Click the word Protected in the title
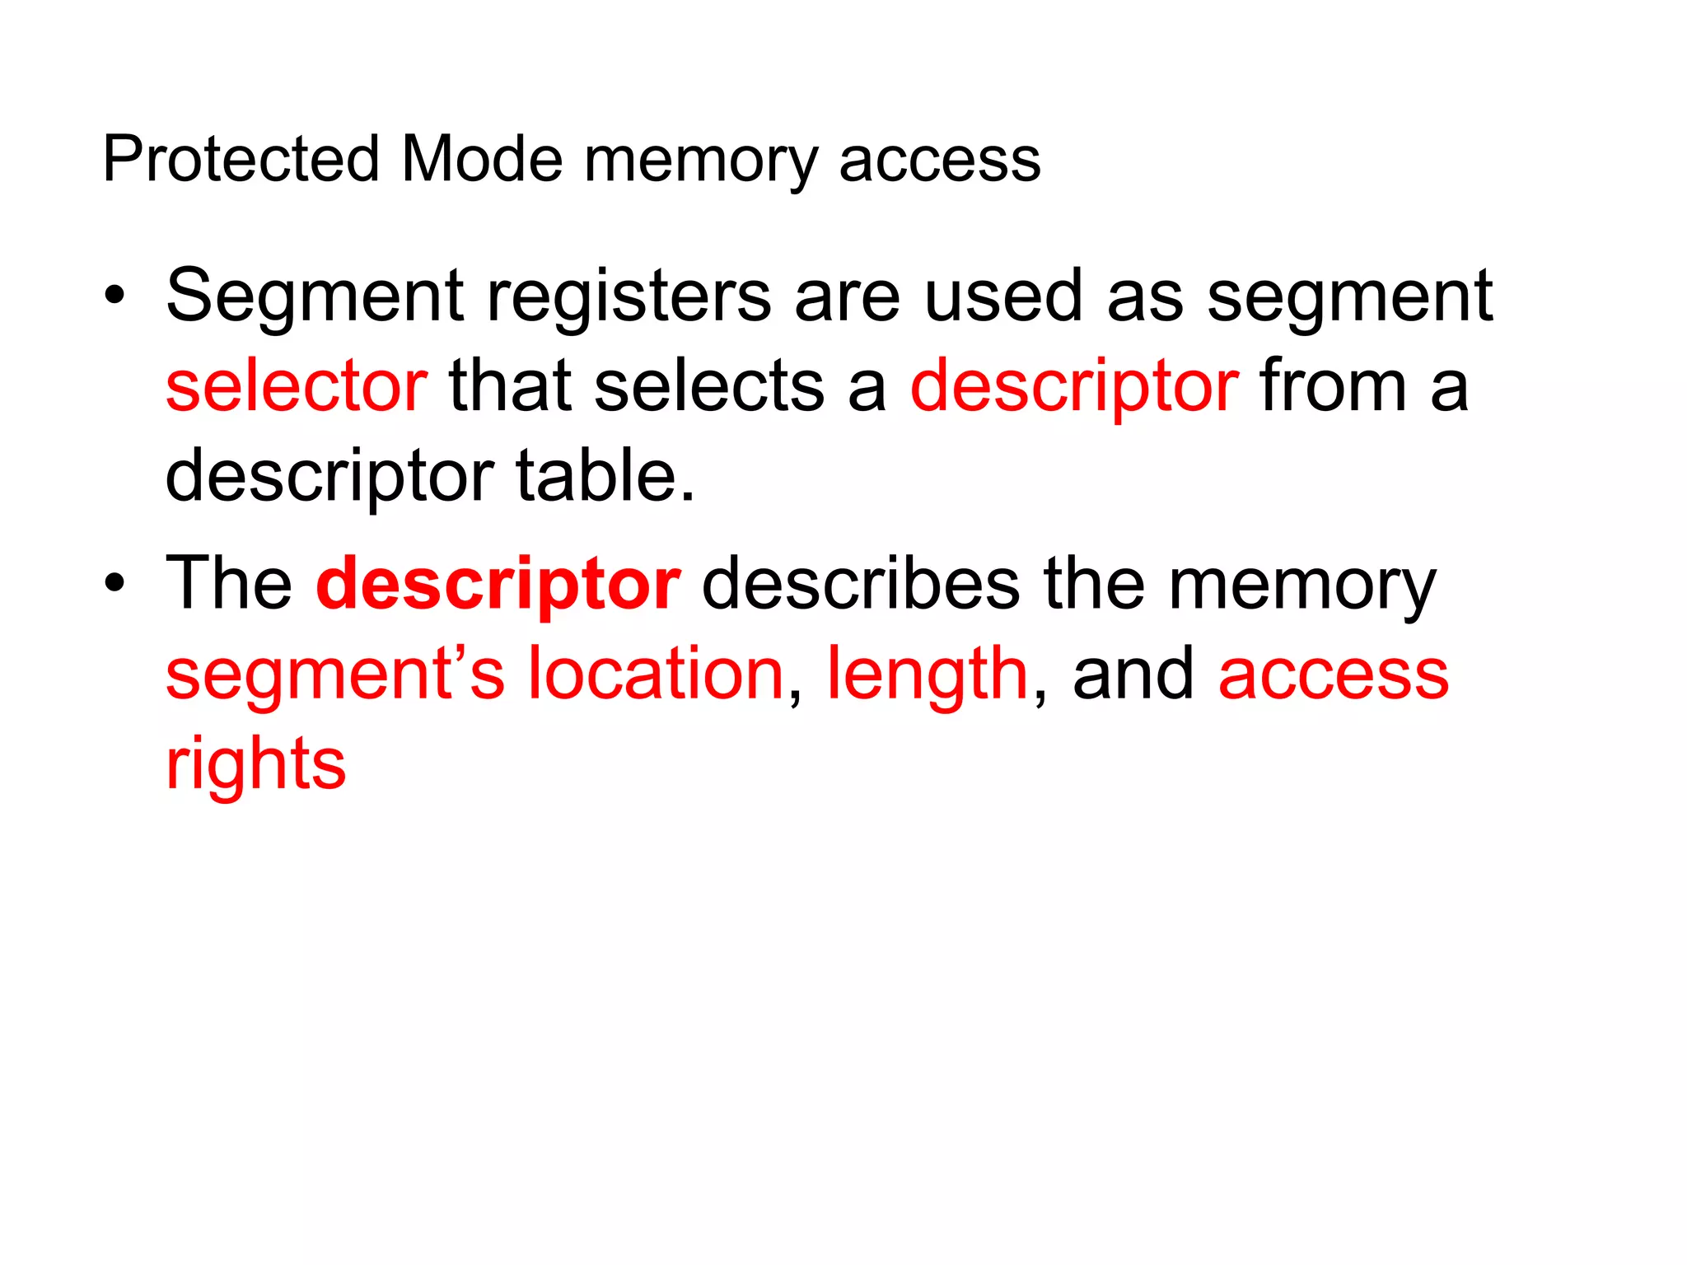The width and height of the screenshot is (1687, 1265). (241, 159)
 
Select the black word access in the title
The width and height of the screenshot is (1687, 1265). (940, 161)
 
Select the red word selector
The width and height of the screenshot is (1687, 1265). (297, 386)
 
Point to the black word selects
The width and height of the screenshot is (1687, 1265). (709, 386)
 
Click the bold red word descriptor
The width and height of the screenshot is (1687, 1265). (498, 586)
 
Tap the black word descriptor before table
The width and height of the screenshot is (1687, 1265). (329, 478)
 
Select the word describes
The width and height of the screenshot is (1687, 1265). (861, 584)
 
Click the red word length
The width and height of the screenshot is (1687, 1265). (928, 675)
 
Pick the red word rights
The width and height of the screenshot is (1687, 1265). (255, 764)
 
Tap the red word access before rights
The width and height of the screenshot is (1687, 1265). (1333, 675)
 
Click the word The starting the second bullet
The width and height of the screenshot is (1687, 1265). (229, 584)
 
